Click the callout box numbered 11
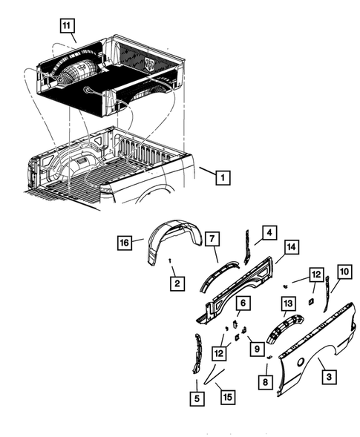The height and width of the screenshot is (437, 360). tap(68, 27)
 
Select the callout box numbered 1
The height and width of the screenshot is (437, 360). tap(223, 177)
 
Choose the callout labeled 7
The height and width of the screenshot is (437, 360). tap(212, 237)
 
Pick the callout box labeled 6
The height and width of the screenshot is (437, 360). tap(242, 303)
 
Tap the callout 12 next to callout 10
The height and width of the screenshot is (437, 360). tap(317, 275)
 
